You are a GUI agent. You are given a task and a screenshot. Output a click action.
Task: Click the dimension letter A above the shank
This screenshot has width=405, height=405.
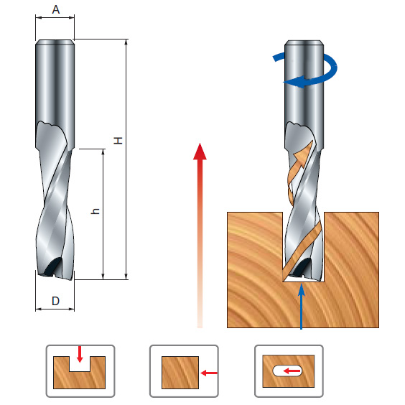(x=56, y=10)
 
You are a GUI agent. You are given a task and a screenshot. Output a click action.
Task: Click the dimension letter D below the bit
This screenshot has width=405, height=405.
(x=55, y=301)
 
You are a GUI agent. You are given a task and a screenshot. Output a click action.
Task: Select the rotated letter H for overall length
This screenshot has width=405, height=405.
(x=118, y=141)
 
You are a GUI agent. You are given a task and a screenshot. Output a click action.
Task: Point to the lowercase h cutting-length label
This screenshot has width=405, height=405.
(x=96, y=211)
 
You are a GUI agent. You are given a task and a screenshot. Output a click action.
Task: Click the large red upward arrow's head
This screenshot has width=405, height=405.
(x=200, y=152)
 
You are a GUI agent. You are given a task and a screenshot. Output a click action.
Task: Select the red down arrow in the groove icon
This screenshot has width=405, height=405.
(x=80, y=355)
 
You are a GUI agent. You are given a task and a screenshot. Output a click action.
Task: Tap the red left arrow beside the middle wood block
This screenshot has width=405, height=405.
(x=209, y=373)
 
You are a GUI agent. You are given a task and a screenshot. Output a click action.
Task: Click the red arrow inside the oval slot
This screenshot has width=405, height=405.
(x=292, y=371)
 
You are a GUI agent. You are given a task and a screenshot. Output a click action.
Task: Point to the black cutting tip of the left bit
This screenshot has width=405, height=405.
(x=53, y=266)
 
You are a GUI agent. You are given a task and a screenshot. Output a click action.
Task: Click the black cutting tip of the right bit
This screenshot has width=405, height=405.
(x=302, y=267)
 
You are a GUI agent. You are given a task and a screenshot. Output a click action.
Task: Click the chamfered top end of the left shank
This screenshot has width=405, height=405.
(x=55, y=42)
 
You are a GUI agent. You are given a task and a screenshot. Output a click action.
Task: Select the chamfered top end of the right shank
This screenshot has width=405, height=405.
(x=304, y=43)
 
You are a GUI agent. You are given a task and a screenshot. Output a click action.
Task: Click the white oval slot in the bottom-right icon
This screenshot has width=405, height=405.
(x=287, y=371)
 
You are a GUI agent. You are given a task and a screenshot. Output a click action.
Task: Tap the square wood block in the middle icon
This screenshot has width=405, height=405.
(x=180, y=373)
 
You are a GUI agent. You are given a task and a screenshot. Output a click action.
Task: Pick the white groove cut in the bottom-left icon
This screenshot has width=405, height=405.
(x=80, y=364)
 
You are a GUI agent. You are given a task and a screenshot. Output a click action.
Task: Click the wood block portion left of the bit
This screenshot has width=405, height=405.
(x=254, y=270)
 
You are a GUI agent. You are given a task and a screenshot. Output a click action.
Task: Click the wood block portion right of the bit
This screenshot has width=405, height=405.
(x=352, y=270)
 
